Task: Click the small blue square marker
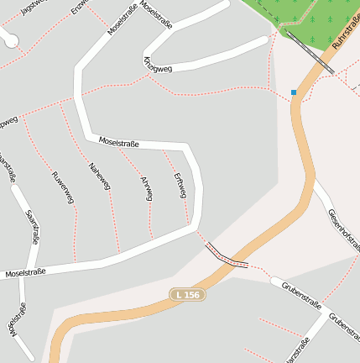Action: click(294, 92)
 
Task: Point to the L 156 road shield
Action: click(188, 294)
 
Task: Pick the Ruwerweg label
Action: click(63, 187)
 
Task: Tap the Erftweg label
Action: click(178, 186)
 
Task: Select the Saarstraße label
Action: click(33, 227)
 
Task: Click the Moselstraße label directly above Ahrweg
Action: click(119, 143)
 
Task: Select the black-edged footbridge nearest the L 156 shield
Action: click(226, 256)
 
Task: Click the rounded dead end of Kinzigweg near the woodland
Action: click(265, 41)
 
